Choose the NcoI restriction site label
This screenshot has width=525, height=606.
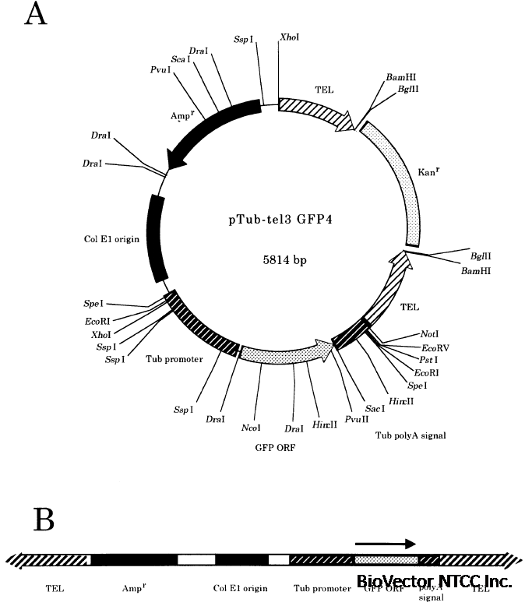point(251,427)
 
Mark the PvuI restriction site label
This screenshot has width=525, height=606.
point(161,69)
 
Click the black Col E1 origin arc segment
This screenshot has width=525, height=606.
point(155,238)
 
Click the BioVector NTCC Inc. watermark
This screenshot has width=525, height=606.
point(434,581)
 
